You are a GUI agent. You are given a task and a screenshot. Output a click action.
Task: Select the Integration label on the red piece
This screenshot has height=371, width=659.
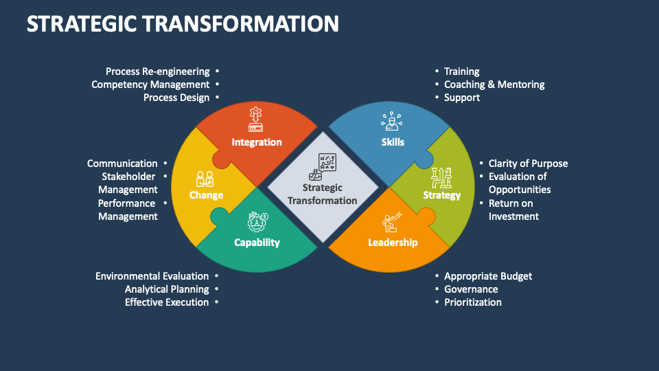(257, 142)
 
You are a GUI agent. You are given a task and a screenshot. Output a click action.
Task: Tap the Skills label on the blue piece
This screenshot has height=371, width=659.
(393, 142)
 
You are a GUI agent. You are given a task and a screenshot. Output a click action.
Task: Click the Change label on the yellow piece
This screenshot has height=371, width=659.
(206, 195)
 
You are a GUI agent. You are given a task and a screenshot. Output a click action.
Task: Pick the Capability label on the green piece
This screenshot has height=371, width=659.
(257, 243)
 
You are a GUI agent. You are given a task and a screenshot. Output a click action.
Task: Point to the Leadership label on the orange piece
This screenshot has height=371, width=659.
(393, 243)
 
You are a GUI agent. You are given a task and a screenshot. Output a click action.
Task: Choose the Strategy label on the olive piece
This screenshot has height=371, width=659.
(441, 195)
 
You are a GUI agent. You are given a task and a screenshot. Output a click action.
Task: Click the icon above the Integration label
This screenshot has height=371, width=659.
(255, 120)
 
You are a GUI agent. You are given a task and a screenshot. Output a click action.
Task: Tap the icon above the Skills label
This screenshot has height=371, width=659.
(391, 122)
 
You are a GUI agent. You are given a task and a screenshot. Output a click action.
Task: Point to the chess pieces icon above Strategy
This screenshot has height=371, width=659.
(441, 178)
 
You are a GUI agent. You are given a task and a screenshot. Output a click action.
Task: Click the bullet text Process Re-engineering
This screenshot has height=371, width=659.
(157, 71)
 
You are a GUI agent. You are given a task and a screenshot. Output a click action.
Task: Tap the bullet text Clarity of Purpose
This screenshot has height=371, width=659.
(528, 164)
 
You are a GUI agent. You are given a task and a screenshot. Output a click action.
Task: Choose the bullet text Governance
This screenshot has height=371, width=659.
(471, 289)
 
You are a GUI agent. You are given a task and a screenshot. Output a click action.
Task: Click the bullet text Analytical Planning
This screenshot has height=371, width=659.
(167, 289)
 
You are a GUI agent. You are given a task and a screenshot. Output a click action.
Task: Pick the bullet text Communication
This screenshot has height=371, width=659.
(122, 164)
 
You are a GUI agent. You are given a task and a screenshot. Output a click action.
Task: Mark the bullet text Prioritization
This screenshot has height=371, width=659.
(473, 302)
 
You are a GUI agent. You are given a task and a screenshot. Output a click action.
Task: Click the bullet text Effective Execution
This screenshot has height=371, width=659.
(167, 302)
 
